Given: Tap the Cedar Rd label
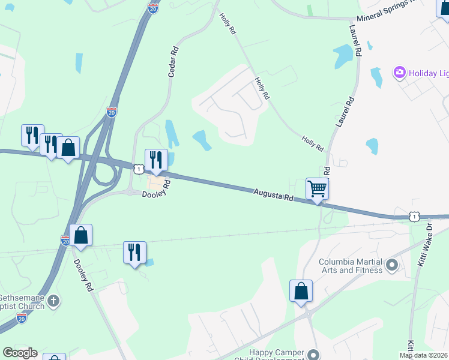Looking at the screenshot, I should (173, 62).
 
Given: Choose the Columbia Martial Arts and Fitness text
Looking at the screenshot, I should (350, 266).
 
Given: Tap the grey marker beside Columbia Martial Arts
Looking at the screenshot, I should (392, 264).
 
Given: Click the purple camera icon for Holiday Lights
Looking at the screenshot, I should (399, 73).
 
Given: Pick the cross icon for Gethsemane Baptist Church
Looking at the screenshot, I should (53, 300).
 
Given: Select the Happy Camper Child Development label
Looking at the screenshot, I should (276, 355).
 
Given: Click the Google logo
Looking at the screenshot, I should (20, 353).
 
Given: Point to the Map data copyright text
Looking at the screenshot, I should (423, 355).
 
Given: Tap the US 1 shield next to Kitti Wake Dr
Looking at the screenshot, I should (414, 217).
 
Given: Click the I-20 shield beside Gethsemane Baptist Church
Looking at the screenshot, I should (22, 318).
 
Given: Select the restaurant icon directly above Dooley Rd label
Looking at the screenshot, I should (156, 160).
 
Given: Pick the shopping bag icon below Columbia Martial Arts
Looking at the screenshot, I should (301, 291).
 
